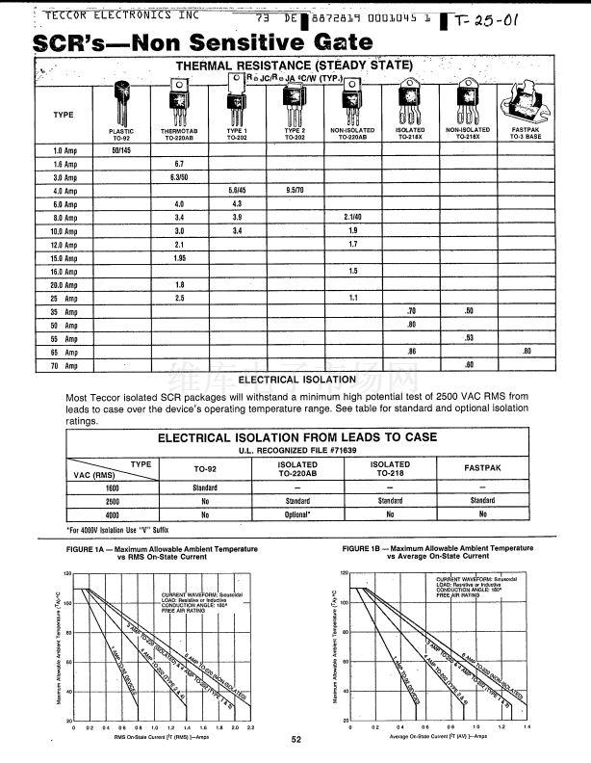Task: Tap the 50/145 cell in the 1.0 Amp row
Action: pos(122,150)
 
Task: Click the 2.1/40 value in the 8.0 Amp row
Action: pos(352,218)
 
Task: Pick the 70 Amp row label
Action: pos(64,366)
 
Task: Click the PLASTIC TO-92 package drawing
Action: pos(122,101)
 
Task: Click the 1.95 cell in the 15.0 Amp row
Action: pos(178,258)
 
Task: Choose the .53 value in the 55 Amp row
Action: pos(469,338)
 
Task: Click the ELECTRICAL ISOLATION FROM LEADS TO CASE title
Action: pos(296,437)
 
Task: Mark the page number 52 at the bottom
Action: pos(296,739)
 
